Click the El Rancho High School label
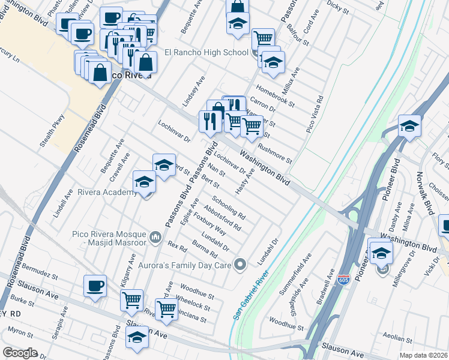206,52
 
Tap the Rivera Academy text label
107,193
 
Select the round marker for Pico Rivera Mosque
155,238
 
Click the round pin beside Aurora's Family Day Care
241,264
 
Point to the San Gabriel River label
252,289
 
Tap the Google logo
20,352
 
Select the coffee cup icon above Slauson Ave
95,287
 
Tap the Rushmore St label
274,152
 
